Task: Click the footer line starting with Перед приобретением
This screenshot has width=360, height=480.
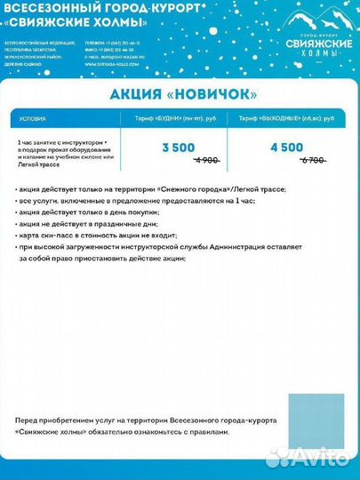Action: pyautogui.click(x=147, y=419)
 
